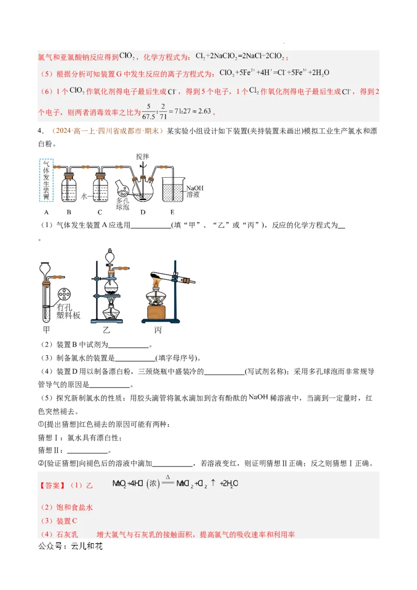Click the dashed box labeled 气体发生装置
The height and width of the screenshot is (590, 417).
click(x=46, y=180)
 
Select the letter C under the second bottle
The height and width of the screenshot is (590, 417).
click(x=100, y=212)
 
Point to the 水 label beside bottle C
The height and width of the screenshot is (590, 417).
click(x=84, y=196)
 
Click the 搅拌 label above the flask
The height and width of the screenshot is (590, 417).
click(x=142, y=156)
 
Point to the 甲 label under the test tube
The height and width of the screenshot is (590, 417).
click(x=46, y=330)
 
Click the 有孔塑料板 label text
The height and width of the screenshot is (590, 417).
click(x=69, y=311)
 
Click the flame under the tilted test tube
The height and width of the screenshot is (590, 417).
click(x=157, y=282)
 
